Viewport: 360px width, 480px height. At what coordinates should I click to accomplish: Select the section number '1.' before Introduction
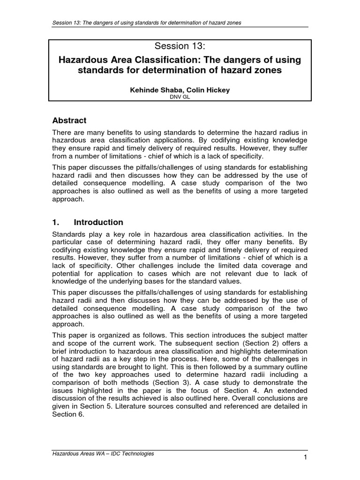tap(56, 222)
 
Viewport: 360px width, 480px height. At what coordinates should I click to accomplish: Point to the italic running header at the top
tap(147, 23)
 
